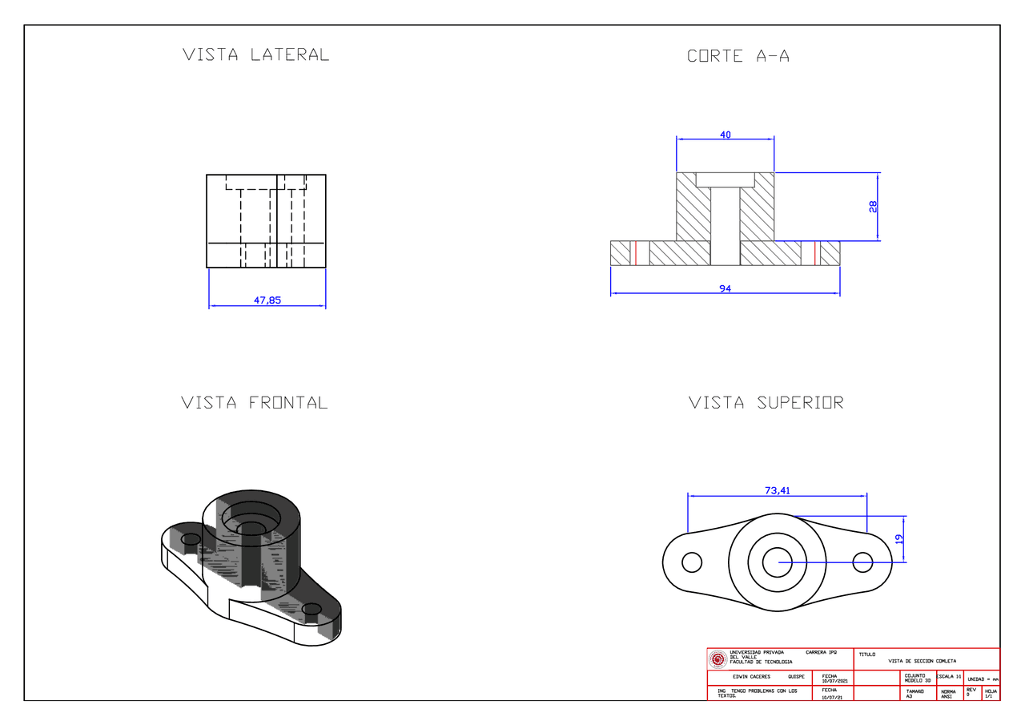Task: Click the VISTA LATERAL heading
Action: [255, 55]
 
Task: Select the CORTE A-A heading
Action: [738, 56]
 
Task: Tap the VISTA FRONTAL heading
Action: [255, 402]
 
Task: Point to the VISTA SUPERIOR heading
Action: [766, 402]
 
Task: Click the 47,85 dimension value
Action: [267, 300]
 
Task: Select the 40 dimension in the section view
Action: [726, 135]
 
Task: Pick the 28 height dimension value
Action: [873, 206]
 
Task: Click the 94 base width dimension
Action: [726, 288]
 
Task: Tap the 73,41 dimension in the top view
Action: [777, 491]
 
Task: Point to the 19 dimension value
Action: [898, 539]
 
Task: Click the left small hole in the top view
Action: [692, 562]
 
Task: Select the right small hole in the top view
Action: [862, 562]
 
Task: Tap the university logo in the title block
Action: [718, 659]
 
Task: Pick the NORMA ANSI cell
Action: [948, 693]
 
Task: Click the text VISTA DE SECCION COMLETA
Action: [922, 661]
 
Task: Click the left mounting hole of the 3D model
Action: [191, 539]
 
